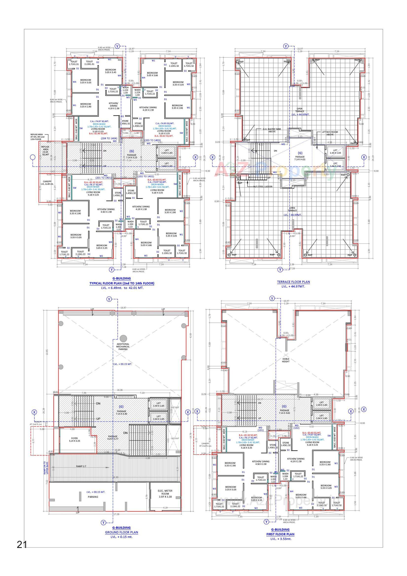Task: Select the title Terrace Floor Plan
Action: coord(293,282)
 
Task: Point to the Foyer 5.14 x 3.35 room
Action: coord(74,440)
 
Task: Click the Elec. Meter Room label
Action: coord(165,492)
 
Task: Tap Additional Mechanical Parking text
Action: coord(123,346)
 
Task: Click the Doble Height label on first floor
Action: coord(286,360)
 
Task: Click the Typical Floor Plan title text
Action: coord(122,283)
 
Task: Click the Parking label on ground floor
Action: coord(93,496)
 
